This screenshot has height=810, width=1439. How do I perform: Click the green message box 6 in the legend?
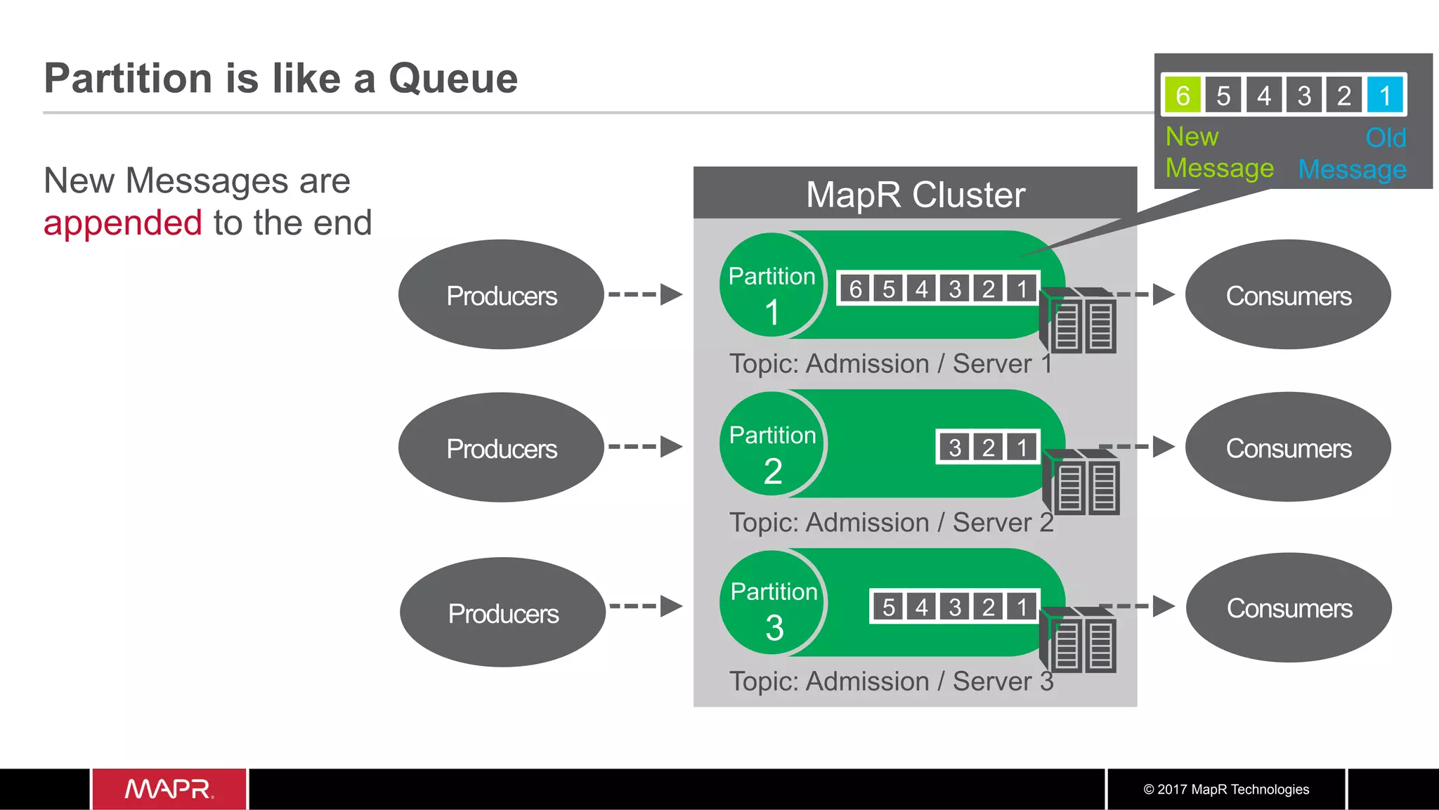coord(1183,95)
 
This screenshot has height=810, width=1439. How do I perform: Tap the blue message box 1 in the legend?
coord(1385,95)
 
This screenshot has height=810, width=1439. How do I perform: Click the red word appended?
coord(123,223)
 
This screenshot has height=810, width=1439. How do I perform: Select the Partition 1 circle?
coord(771,285)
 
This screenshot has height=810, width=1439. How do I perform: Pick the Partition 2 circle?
coord(772,444)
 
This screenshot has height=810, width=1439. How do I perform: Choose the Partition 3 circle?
coord(773,603)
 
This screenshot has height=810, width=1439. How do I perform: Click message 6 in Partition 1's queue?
coord(855,289)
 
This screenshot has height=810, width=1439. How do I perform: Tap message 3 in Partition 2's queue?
coord(954,448)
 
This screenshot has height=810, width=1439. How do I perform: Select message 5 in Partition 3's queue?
coord(888,607)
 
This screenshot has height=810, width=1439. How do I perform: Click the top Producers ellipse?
coord(501,295)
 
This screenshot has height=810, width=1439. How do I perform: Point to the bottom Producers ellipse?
coord(502,613)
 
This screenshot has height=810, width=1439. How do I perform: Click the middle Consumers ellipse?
coord(1288,448)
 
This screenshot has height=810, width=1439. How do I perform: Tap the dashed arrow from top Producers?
coord(645,294)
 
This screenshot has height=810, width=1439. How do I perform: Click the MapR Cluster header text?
coord(915,195)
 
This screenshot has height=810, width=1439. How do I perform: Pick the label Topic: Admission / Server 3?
coord(891,681)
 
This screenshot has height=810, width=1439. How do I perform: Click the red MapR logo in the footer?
coord(169,789)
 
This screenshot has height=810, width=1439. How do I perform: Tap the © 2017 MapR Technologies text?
coord(1225,789)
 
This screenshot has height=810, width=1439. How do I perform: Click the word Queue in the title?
coord(453,78)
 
